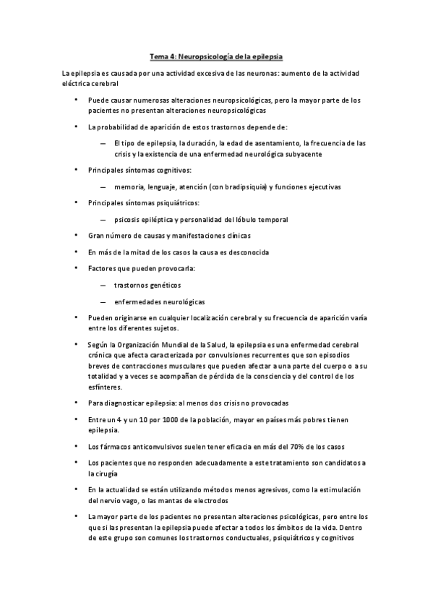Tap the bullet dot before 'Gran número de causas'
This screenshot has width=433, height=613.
click(77, 236)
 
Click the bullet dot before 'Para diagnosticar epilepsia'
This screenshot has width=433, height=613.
click(77, 402)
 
